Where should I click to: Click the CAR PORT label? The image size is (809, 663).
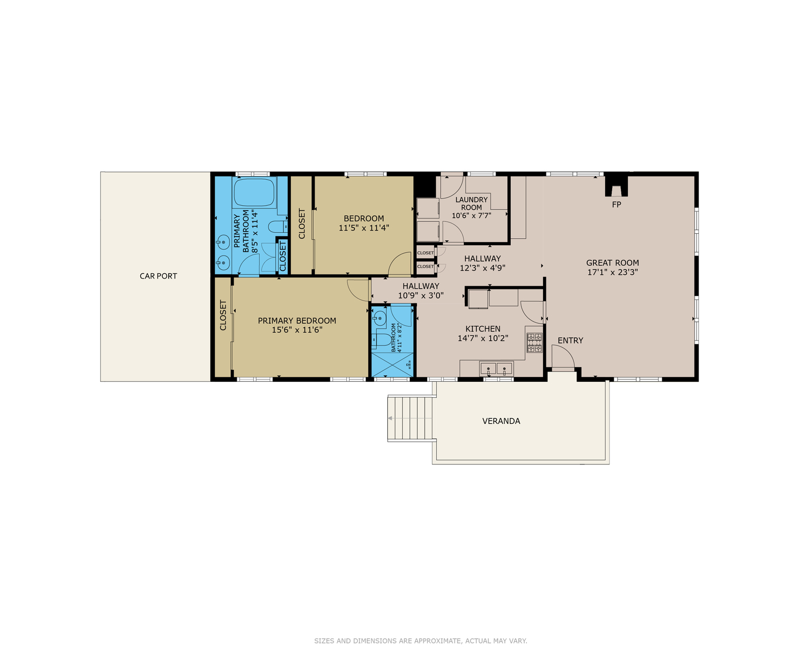pos(158,276)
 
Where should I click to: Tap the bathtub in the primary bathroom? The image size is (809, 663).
pos(254,192)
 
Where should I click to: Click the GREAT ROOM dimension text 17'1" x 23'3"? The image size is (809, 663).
pos(612,272)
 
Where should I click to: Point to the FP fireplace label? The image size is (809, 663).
pos(616,205)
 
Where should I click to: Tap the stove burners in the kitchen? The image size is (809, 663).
pos(534,343)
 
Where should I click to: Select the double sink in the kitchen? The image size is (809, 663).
pos(496,369)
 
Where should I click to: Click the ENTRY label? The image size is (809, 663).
pos(570,340)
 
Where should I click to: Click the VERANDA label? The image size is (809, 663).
pos(501,421)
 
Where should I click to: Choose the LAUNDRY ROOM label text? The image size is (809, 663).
pos(471,204)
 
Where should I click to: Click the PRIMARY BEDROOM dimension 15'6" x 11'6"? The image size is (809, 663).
pos(297,330)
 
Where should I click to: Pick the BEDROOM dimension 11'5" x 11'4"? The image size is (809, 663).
pos(364,228)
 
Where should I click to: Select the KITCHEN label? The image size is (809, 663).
pos(483,329)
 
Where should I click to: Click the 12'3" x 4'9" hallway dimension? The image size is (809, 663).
pos(482,268)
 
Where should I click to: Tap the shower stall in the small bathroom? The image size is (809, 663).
pos(393,364)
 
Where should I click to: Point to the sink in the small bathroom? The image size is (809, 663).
pos(379,318)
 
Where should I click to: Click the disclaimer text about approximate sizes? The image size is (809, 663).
pos(421,641)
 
